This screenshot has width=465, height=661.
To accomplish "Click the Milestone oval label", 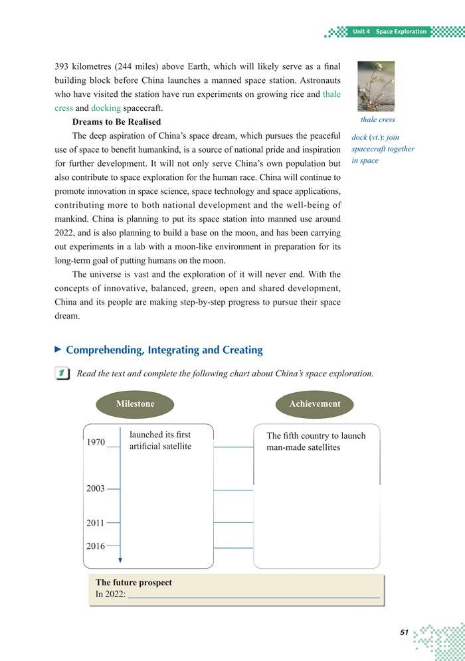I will [135, 404].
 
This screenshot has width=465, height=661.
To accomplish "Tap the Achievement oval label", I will [315, 404].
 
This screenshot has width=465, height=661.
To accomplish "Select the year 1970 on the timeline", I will [96, 443].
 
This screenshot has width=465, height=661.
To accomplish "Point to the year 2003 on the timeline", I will [96, 488].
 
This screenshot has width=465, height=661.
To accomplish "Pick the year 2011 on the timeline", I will [96, 523].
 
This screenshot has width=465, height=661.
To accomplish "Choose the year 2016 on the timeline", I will [96, 546].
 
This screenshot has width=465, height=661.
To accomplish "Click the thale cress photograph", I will [376, 86].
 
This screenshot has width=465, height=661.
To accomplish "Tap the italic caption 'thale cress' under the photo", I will [377, 120].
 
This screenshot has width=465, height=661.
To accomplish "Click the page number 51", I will [404, 632].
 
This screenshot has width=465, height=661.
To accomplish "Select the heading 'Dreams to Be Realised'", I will [116, 122].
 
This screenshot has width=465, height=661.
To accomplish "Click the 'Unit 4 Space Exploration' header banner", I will [390, 31].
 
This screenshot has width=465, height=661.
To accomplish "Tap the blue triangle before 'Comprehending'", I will [58, 349].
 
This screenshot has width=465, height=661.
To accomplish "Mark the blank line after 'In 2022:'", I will [253, 595].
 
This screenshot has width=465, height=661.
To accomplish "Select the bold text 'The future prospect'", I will [134, 583].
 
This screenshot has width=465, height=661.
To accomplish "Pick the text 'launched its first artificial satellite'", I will [160, 441].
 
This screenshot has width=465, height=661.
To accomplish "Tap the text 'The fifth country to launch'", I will [316, 436].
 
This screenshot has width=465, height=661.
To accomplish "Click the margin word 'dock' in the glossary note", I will [359, 137].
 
